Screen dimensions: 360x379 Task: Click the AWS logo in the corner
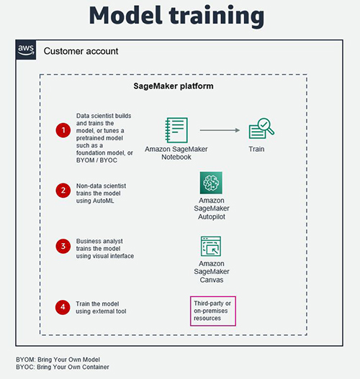click(26, 50)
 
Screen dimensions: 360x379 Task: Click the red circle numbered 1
click(63, 130)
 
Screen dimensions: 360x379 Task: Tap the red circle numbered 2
click(63, 191)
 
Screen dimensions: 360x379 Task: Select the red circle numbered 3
click(63, 246)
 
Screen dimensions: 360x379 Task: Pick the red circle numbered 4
click(63, 307)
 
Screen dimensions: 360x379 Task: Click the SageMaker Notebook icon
click(176, 130)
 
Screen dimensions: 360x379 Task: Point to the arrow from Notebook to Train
click(220, 130)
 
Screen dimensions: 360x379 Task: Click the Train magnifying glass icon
click(261, 128)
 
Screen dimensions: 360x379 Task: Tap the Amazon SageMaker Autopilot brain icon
click(211, 183)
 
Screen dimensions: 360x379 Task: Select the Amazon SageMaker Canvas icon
click(211, 246)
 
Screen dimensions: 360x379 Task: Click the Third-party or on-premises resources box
click(213, 311)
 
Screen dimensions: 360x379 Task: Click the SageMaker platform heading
click(174, 86)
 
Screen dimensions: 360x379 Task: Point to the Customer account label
click(81, 51)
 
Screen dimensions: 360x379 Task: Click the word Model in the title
click(125, 15)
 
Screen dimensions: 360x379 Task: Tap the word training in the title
click(217, 17)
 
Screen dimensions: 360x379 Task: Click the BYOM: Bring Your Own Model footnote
click(58, 360)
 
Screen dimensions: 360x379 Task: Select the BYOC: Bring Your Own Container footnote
click(63, 367)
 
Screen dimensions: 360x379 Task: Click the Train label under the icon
click(256, 149)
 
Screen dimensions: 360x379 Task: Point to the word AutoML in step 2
click(103, 201)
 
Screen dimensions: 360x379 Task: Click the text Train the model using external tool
click(101, 308)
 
